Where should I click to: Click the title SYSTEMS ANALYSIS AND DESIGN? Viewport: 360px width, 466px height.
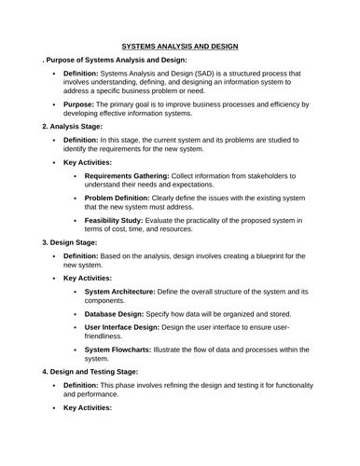tap(180, 46)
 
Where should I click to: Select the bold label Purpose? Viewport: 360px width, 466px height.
tap(83, 105)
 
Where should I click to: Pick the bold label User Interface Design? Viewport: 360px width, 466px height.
tap(130, 328)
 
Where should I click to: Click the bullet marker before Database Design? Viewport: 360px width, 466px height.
tap(75, 315)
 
